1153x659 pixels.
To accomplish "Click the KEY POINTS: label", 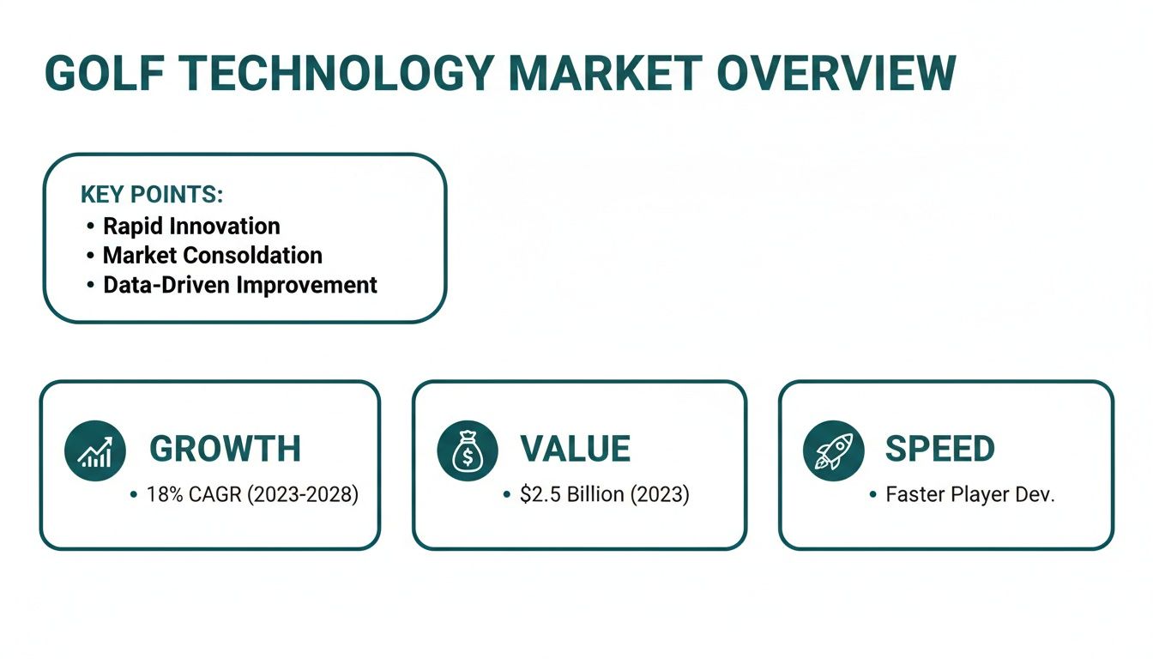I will (151, 195).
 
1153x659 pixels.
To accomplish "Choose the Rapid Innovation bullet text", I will (191, 226).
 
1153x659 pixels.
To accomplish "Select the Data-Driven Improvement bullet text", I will (240, 285).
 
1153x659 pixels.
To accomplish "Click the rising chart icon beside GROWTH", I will (95, 450).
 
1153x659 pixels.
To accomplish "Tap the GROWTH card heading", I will (225, 449).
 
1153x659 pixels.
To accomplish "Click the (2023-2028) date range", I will (302, 495).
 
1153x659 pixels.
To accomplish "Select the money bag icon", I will (468, 450).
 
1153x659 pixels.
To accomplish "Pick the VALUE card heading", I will (575, 449).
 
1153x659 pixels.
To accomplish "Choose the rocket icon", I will (833, 450).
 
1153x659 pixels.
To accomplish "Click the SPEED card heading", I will (939, 449).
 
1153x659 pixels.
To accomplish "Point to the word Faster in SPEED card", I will (913, 495).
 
